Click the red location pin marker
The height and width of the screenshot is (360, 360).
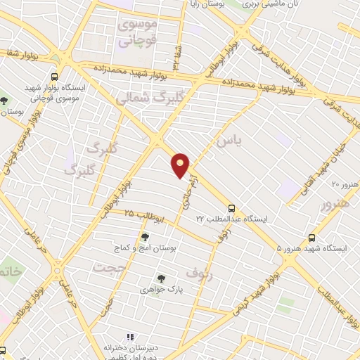click(181, 165)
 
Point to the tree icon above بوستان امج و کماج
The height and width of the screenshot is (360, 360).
click(146, 237)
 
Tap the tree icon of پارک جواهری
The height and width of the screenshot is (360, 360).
click(161, 278)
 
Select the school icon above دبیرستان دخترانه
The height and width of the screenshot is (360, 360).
click(130, 336)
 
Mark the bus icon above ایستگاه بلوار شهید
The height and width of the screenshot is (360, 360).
click(54, 77)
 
